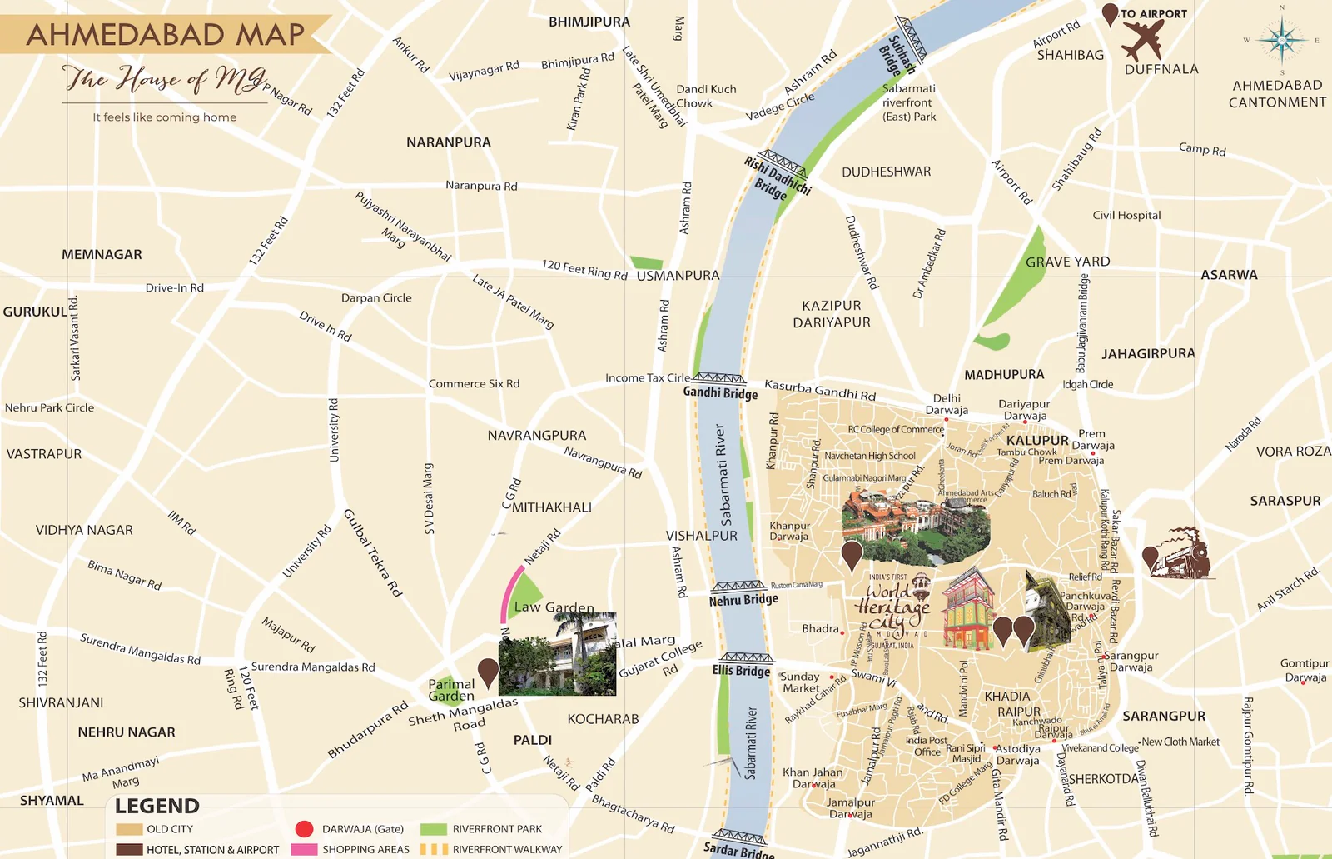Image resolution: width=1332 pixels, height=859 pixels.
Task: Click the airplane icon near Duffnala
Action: pyautogui.click(x=1142, y=39)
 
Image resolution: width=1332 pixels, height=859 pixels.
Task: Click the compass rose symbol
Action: pyautogui.click(x=1281, y=40)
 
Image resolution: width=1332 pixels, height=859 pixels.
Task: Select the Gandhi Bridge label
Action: pyautogui.click(x=720, y=392)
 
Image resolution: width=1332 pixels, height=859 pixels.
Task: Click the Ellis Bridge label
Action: pyautogui.click(x=741, y=670)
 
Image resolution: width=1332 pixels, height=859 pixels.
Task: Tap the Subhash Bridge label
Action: pyautogui.click(x=897, y=55)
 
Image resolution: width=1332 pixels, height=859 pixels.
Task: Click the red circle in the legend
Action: pyautogui.click(x=304, y=828)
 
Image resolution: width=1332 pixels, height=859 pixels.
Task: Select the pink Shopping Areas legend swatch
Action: pyautogui.click(x=304, y=849)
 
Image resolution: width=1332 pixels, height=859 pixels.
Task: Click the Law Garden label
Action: pyautogui.click(x=554, y=607)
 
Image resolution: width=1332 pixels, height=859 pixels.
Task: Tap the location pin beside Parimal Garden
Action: pyautogui.click(x=488, y=671)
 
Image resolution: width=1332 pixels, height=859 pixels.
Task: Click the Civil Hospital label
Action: pyautogui.click(x=1126, y=215)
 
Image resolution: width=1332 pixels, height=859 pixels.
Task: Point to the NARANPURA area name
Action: pyautogui.click(x=448, y=142)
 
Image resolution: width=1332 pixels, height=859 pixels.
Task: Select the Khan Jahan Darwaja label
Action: pyautogui.click(x=813, y=777)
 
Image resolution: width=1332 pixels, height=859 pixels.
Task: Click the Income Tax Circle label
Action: pyautogui.click(x=648, y=377)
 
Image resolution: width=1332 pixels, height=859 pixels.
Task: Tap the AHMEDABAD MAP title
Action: pyautogui.click(x=166, y=35)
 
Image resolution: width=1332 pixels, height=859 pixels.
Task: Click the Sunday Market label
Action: pyautogui.click(x=800, y=682)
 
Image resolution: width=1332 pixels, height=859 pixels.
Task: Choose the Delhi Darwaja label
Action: pyautogui.click(x=947, y=404)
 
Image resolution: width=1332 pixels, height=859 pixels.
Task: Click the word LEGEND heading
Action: pyautogui.click(x=157, y=806)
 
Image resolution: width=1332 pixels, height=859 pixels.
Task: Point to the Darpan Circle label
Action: pyautogui.click(x=376, y=297)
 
